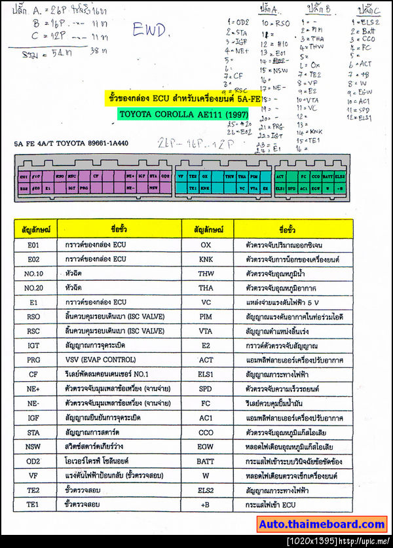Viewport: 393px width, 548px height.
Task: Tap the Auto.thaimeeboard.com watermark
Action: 322,524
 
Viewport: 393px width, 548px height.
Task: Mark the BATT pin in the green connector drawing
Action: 327,176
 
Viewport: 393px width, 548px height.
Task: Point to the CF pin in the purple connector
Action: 96,176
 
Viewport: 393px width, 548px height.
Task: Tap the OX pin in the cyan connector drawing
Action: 205,176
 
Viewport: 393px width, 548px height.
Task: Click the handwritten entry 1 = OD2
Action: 236,22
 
